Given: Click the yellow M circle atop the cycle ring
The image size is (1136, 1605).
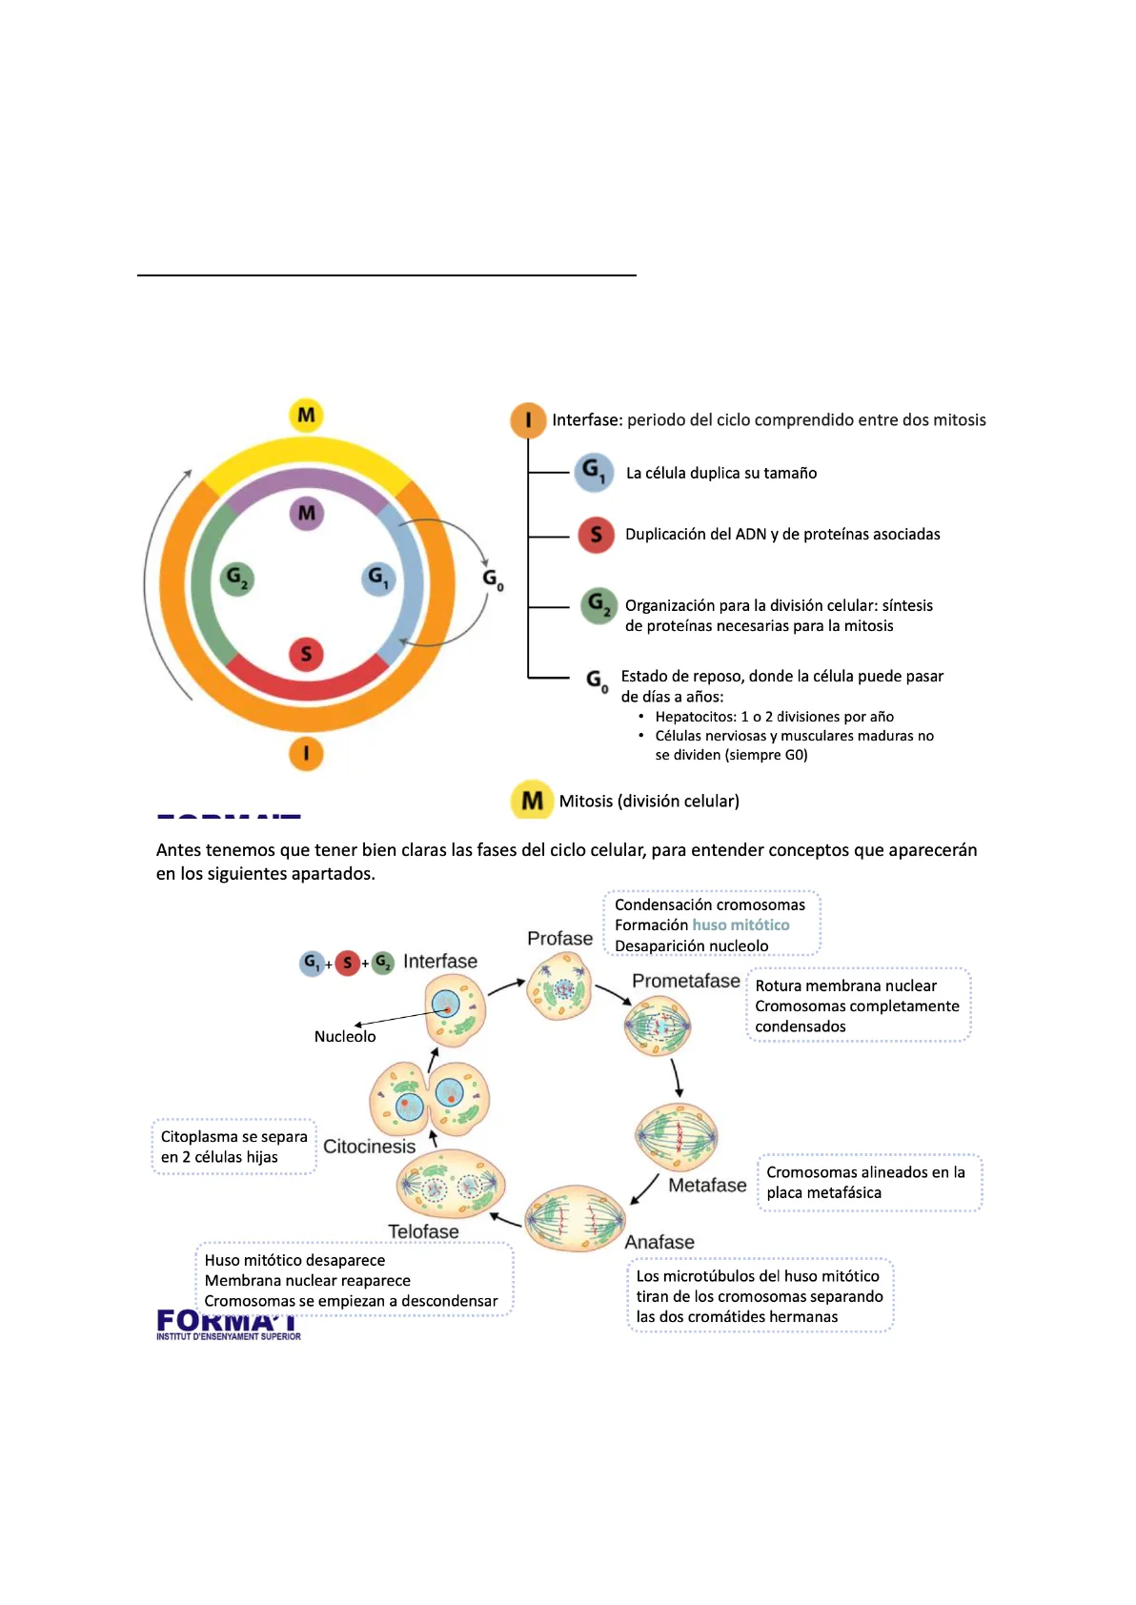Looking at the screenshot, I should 306,416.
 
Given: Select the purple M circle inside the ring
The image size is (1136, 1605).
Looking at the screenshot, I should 307,514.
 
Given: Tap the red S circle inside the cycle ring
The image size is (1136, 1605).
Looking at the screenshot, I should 306,654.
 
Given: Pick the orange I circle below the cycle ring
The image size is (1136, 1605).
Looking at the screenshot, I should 306,753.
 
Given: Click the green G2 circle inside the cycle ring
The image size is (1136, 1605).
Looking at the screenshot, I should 236,578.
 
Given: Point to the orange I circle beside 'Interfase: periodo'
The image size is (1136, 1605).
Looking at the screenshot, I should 528,420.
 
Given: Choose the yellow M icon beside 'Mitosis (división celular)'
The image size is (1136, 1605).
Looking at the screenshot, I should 532,801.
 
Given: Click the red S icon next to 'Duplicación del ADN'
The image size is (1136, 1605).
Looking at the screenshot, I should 596,535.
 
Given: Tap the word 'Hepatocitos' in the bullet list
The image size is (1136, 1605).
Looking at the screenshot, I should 696,717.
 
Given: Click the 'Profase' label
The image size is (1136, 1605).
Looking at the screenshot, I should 559,939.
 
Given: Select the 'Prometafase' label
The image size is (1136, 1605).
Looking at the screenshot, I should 685,981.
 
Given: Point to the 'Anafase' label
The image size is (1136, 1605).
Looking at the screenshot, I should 659,1242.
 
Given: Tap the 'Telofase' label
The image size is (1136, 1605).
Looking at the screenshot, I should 423,1231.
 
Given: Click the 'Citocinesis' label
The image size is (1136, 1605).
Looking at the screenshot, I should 369,1147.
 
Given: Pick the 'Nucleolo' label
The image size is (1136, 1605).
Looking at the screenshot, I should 345,1036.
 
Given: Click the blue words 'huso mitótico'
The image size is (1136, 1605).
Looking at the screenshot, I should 740,924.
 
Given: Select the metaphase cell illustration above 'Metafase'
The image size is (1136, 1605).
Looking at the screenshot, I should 676,1136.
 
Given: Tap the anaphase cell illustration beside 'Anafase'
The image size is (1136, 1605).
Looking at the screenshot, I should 575,1218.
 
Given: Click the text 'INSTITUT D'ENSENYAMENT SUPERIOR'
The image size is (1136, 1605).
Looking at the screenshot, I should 229,1336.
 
